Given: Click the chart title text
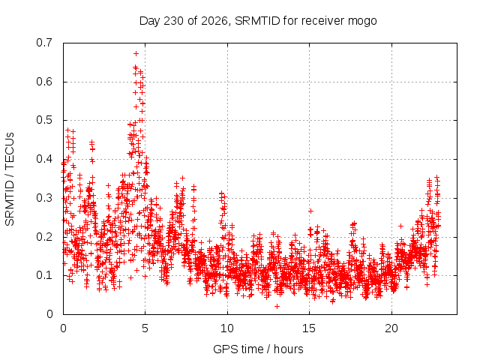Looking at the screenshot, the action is (258, 21).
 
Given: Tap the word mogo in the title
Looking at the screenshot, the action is (362, 22).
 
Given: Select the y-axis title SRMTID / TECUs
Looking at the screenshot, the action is (10, 179).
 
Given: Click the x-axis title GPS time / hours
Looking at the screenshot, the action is (258, 349).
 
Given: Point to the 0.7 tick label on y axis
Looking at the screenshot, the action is (44, 43).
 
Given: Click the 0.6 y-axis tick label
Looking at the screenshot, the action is (44, 82).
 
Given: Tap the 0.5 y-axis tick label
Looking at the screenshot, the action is (44, 120).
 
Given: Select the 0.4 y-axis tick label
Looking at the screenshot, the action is (44, 159).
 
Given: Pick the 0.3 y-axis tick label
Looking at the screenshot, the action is (44, 198).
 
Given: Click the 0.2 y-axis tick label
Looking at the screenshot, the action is (44, 237).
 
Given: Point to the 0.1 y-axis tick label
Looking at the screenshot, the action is (44, 275).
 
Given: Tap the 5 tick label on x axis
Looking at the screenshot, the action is (145, 328).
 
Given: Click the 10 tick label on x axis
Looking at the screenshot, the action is (227, 328).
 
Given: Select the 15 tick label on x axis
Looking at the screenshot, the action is (309, 328).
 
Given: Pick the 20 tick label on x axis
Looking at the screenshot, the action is (391, 328).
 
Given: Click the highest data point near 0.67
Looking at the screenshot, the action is (136, 53).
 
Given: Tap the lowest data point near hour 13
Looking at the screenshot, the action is (277, 306).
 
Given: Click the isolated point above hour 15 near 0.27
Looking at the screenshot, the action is (310, 211).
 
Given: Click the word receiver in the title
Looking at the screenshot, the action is (323, 21).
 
